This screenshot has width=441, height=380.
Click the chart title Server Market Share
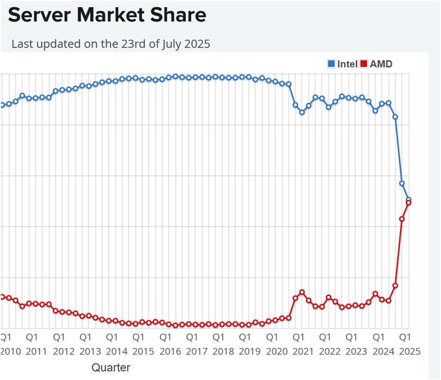(x=107, y=15)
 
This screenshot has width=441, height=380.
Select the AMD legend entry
(x=381, y=64)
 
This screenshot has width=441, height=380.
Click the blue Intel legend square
(x=331, y=64)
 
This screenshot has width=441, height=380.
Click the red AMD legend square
(x=364, y=64)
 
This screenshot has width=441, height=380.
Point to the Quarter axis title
(x=110, y=368)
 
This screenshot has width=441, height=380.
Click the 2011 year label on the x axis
(x=36, y=351)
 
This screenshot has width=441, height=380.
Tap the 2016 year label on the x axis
(x=170, y=351)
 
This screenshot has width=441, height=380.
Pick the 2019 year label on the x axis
(x=249, y=351)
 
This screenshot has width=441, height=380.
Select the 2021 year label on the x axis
(x=303, y=351)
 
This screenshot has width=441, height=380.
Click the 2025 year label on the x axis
(x=409, y=351)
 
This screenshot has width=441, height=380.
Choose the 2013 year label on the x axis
(x=90, y=351)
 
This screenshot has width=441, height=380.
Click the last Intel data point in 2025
(x=409, y=200)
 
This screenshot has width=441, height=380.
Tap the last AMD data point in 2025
(x=409, y=203)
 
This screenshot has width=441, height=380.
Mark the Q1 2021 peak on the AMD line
(x=302, y=292)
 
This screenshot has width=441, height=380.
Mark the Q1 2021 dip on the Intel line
(x=302, y=112)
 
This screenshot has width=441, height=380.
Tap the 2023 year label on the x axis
(x=356, y=351)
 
